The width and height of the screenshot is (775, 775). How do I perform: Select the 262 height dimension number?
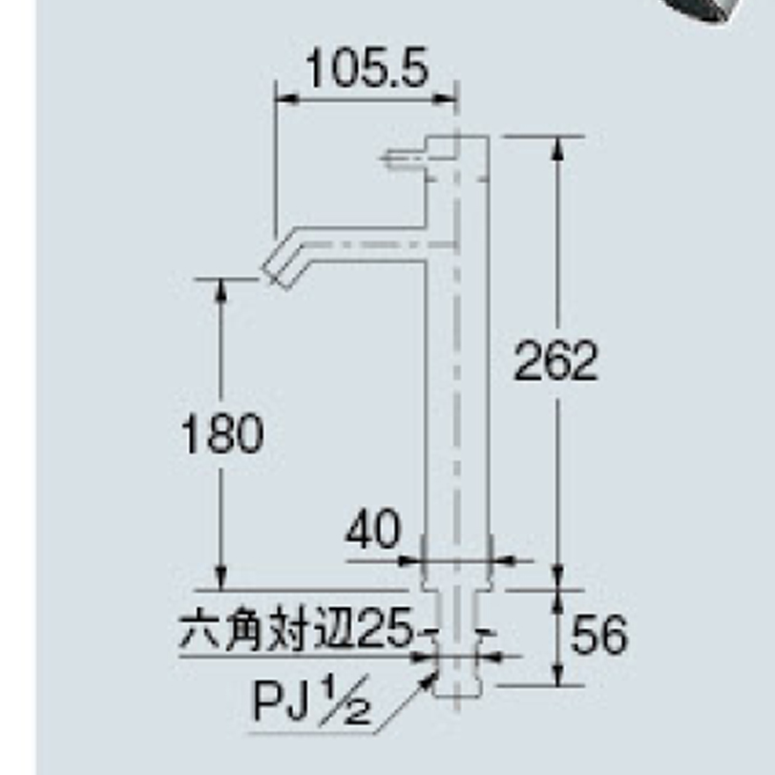coord(555,362)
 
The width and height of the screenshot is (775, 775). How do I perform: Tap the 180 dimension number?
coord(222,433)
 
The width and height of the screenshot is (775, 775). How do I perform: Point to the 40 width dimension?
coord(372,530)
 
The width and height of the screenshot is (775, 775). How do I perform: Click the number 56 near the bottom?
coord(599,635)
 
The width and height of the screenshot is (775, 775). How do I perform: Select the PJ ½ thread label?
coord(311,701)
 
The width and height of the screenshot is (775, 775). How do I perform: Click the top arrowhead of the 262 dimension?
coord(558,146)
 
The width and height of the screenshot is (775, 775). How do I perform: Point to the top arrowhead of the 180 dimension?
coord(220,289)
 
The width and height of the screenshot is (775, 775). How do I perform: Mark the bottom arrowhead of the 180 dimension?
coord(220,579)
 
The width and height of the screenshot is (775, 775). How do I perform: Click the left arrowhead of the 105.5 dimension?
coord(286,99)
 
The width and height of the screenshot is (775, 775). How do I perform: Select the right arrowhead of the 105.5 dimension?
coord(443,99)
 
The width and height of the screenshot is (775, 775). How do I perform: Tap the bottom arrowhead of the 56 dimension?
coord(558,675)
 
